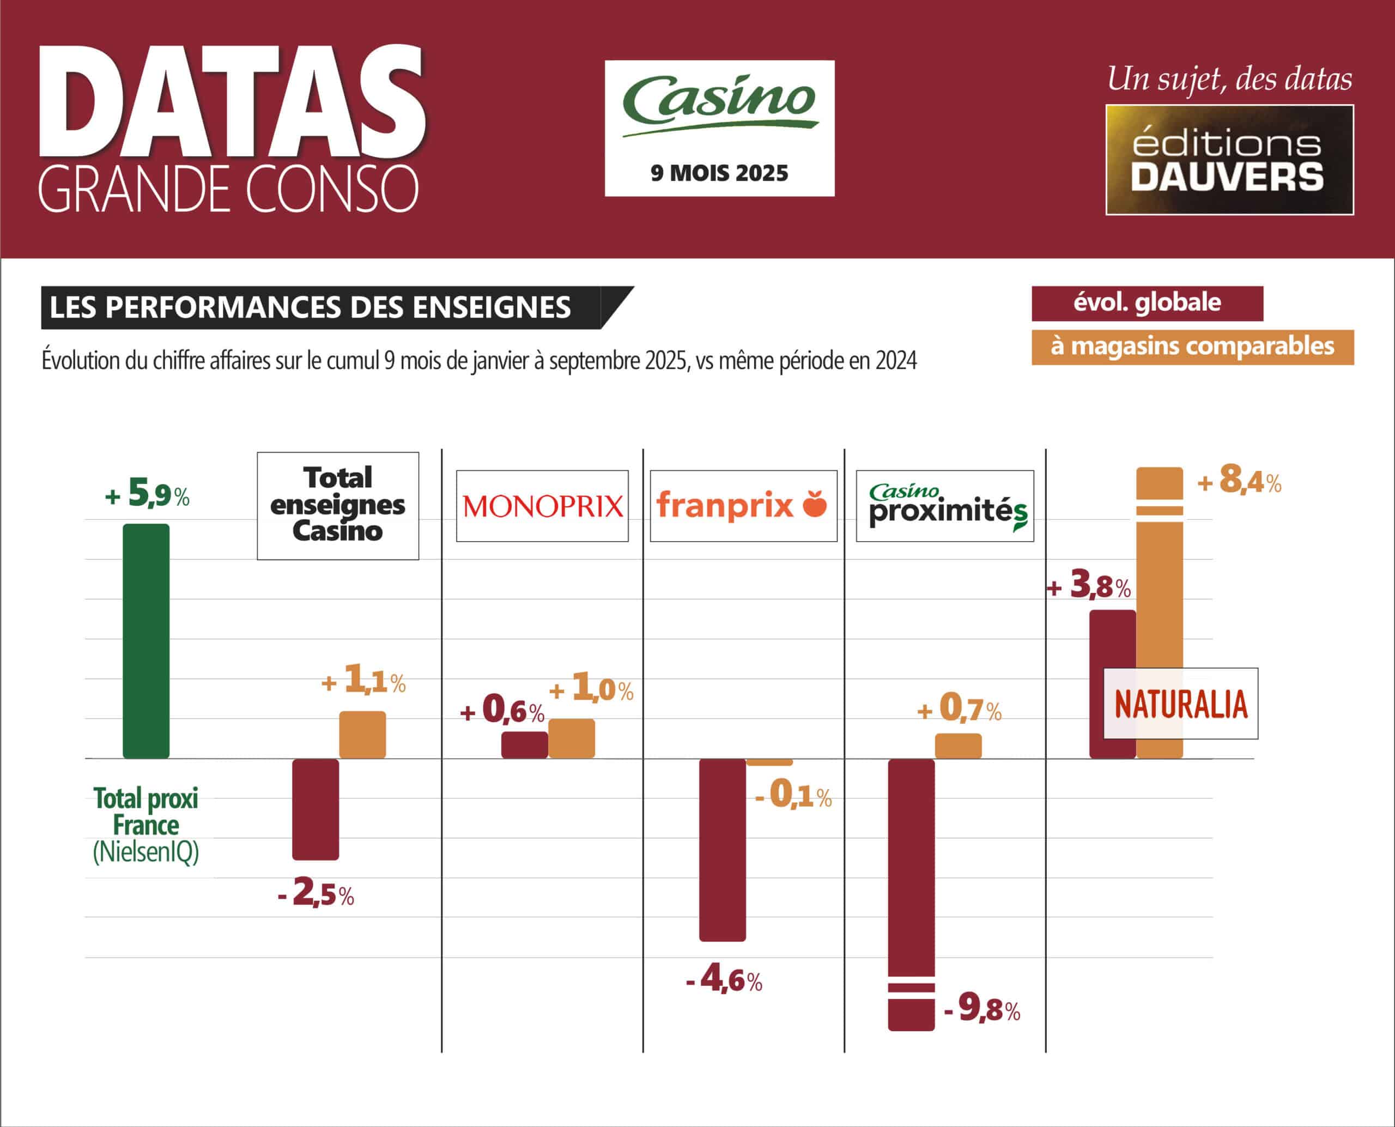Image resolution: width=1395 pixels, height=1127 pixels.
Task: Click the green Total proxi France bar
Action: point(146,641)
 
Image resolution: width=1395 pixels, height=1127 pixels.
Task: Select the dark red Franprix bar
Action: point(722,849)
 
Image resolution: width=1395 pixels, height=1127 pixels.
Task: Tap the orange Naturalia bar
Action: point(1160,584)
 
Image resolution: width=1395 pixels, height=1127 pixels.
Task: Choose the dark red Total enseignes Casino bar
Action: point(316,809)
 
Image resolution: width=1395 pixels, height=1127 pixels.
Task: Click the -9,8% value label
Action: point(982,1008)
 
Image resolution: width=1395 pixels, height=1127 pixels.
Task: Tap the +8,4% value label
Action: point(1240,481)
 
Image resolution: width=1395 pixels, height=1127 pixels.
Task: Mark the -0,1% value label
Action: point(793,795)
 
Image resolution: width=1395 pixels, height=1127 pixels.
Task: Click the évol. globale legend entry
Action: point(1147,303)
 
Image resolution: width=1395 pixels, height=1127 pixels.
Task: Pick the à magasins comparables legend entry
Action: point(1192,347)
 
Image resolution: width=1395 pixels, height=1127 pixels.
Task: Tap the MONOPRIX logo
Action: point(542,506)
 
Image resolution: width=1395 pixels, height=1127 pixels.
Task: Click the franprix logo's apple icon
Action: point(815,504)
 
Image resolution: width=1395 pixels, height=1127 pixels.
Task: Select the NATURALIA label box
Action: point(1181,704)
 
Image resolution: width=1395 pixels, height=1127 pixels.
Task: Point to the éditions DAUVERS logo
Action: point(1229,160)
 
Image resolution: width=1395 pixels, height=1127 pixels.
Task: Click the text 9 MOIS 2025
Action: point(719,173)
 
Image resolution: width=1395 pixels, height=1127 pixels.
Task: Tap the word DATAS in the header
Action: point(232,102)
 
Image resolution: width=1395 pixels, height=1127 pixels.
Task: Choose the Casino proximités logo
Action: point(945,506)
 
